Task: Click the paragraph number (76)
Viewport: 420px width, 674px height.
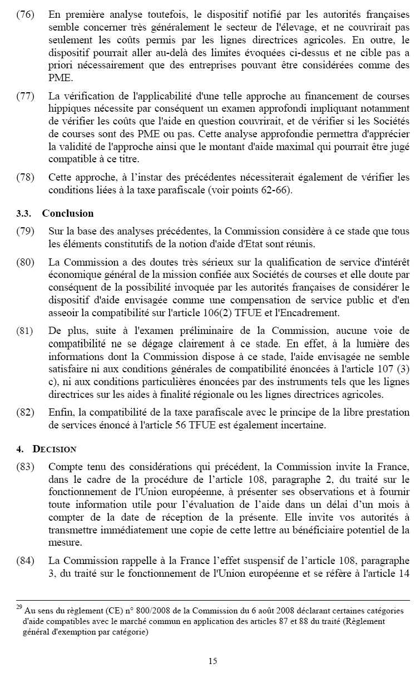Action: [24, 12]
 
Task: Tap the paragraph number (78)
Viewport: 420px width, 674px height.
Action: [24, 177]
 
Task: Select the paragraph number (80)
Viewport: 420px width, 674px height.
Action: [24, 262]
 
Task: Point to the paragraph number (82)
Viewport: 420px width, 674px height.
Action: [24, 413]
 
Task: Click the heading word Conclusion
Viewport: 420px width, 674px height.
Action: [68, 213]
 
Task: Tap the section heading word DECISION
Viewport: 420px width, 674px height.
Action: [55, 449]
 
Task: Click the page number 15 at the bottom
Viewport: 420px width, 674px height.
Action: [213, 661]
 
